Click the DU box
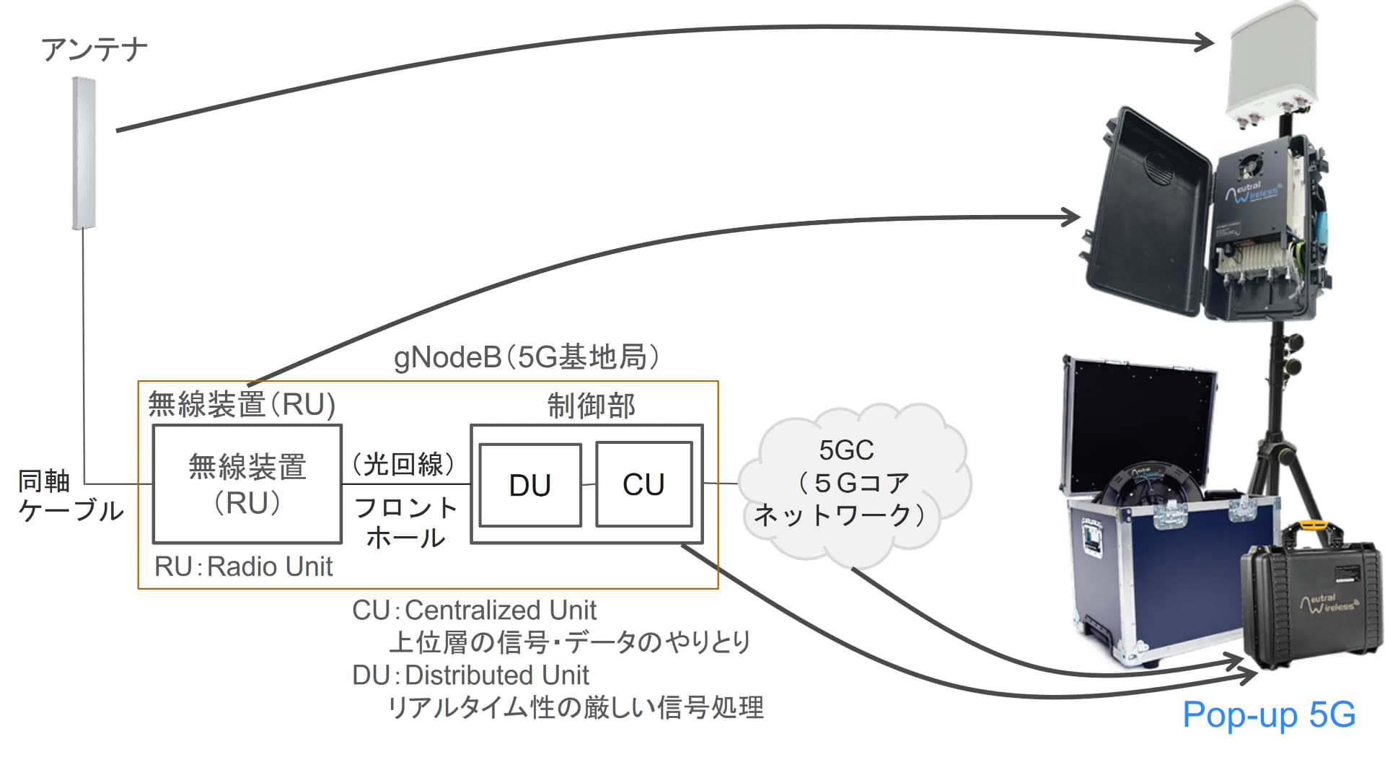pos(530,485)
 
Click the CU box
pos(643,485)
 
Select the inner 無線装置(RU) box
pos(247,484)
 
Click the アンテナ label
pos(94,50)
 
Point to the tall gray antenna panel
pos(84,153)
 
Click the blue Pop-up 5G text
pos(1269,715)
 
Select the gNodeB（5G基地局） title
pos(527,357)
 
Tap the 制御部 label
pos(591,406)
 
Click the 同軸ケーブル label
pos(69,496)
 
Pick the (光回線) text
pos(405,464)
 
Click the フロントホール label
pos(406,522)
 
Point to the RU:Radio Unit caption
pos(243,566)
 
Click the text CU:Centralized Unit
pos(474,611)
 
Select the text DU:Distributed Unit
pos(470,675)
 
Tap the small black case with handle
pos(1309,606)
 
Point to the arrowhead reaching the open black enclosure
pos(1072,216)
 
